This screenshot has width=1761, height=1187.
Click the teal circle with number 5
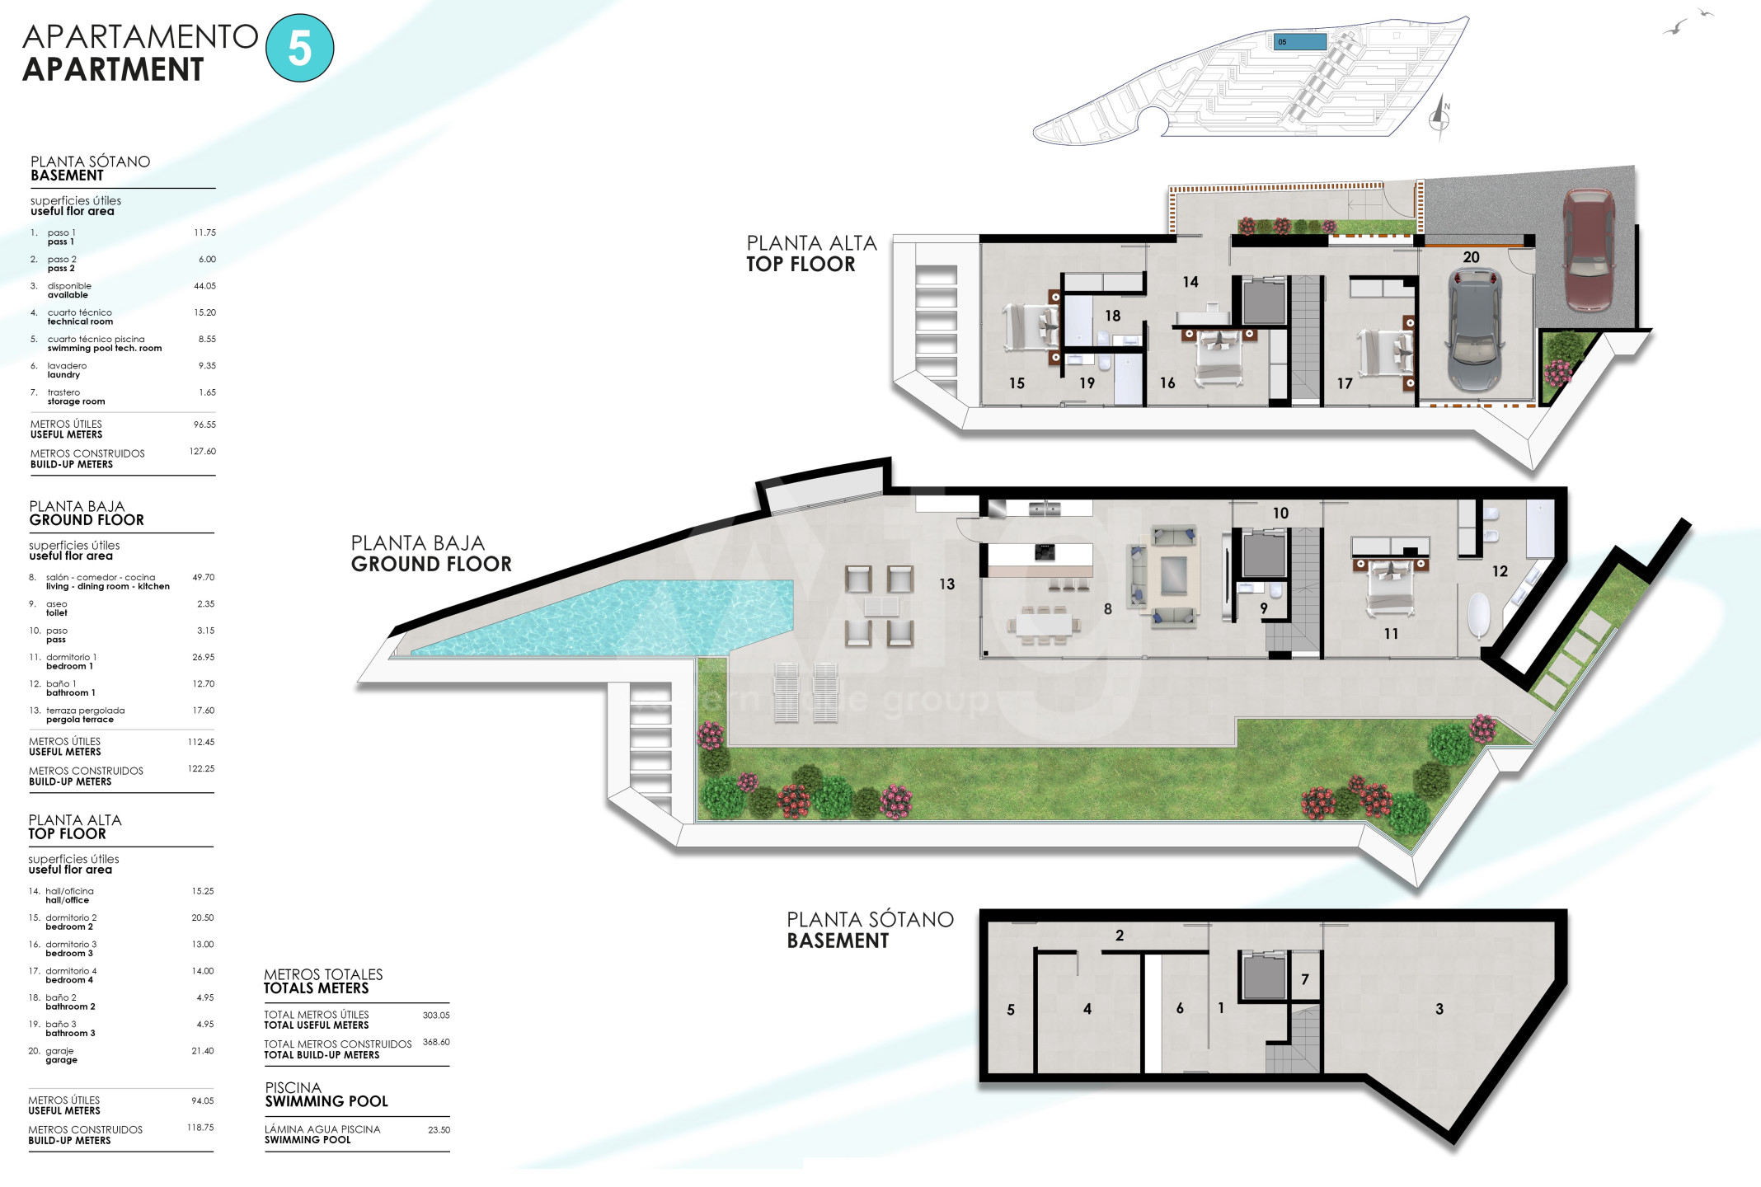click(x=300, y=48)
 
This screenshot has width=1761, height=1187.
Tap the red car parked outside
click(x=1588, y=250)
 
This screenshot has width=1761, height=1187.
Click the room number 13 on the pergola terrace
click(x=946, y=584)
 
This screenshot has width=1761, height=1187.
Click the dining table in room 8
click(x=1044, y=624)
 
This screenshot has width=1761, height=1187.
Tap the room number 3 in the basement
click(x=1439, y=1008)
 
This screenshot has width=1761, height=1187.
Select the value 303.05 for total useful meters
click(x=436, y=1015)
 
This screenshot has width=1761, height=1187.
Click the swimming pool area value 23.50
click(x=439, y=1129)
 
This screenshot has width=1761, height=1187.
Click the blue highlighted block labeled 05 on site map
click(x=1300, y=41)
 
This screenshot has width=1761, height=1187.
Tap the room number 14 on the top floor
click(x=1190, y=282)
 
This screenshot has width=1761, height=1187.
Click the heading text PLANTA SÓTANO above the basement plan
click(x=871, y=919)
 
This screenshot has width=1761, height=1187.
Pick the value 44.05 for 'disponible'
click(x=204, y=286)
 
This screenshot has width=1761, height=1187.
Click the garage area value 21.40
click(x=203, y=1051)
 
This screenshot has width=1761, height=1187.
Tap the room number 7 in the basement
click(x=1305, y=979)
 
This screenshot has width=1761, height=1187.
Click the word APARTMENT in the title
click(x=113, y=69)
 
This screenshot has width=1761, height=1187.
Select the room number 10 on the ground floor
click(x=1280, y=513)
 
